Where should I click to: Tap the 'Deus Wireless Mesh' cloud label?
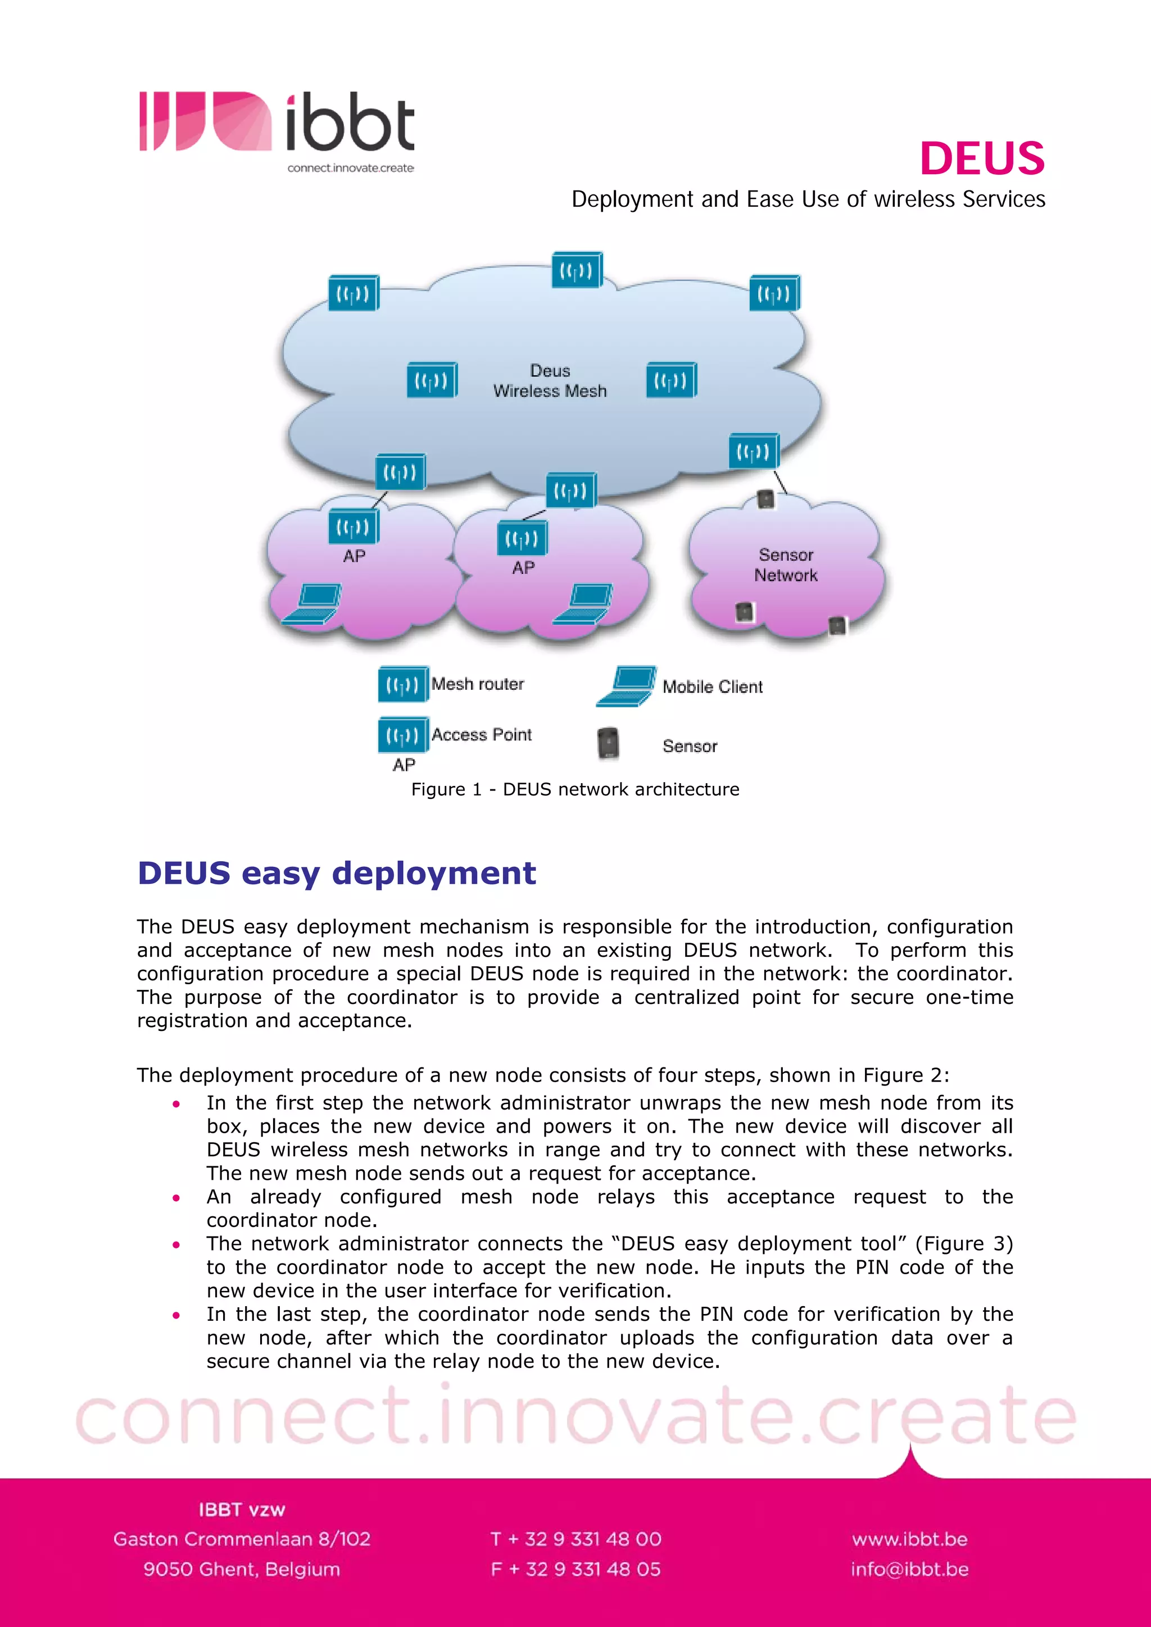click(550, 380)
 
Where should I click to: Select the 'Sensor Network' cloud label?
click(785, 565)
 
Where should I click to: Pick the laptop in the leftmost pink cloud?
click(312, 604)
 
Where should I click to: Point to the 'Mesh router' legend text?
click(478, 684)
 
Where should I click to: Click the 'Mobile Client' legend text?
click(712, 687)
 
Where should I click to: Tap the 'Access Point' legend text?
click(481, 735)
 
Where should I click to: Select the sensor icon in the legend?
click(608, 743)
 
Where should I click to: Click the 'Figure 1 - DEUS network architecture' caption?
click(575, 789)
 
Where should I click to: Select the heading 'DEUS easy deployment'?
click(337, 873)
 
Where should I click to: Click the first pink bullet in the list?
click(176, 1104)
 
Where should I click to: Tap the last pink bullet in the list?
click(176, 1315)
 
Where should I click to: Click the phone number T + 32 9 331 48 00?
click(575, 1539)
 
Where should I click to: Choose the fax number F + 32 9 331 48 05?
click(575, 1570)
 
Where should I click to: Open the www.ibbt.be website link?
click(909, 1539)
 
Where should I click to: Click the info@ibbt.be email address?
click(909, 1570)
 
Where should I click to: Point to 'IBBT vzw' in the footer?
click(242, 1510)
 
